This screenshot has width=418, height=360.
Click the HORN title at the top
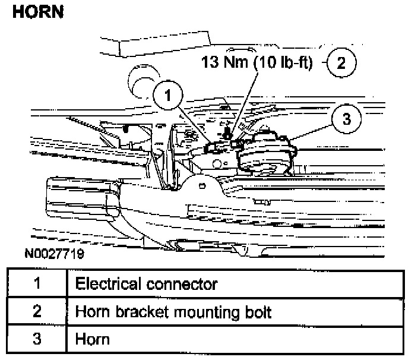(x=37, y=13)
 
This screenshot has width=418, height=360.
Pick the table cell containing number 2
(x=36, y=311)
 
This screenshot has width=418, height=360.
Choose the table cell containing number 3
(x=36, y=340)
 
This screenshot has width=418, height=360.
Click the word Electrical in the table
(x=106, y=283)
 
